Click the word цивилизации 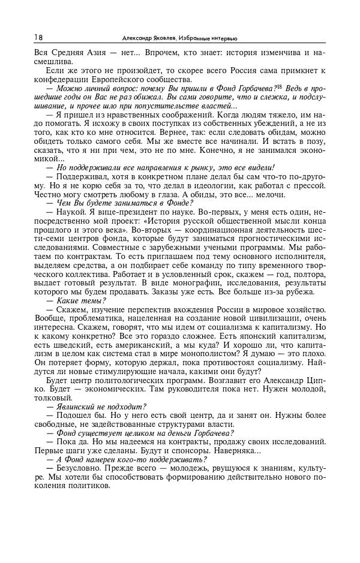[x=283, y=318]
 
